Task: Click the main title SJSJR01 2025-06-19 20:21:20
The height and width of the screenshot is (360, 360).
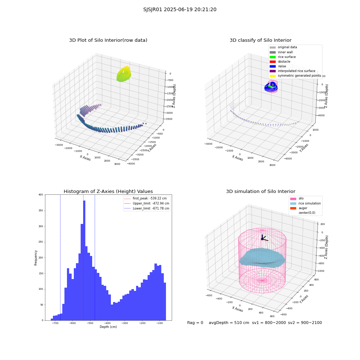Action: tap(180, 9)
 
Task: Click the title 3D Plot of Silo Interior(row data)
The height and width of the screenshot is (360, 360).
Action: tap(108, 40)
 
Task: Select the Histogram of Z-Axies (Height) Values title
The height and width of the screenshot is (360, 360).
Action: tap(108, 191)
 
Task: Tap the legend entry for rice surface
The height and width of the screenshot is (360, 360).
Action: tap(287, 57)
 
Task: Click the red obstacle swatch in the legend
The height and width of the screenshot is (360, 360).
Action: tap(273, 62)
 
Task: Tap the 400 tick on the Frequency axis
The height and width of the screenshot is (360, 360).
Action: tap(41, 195)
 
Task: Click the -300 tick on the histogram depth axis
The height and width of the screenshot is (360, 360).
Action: tap(125, 323)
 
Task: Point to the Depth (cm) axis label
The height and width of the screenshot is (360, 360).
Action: tap(108, 327)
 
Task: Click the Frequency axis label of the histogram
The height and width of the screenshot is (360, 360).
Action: tap(36, 258)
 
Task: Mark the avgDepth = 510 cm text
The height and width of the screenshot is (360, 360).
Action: tap(229, 323)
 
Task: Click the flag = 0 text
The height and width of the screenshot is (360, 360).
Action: tap(195, 323)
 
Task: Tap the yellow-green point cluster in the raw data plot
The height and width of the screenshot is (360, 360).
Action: tap(124, 74)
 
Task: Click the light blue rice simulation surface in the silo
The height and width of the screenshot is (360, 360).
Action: tap(262, 258)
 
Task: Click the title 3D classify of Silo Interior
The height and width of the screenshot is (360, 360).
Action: tap(261, 40)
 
